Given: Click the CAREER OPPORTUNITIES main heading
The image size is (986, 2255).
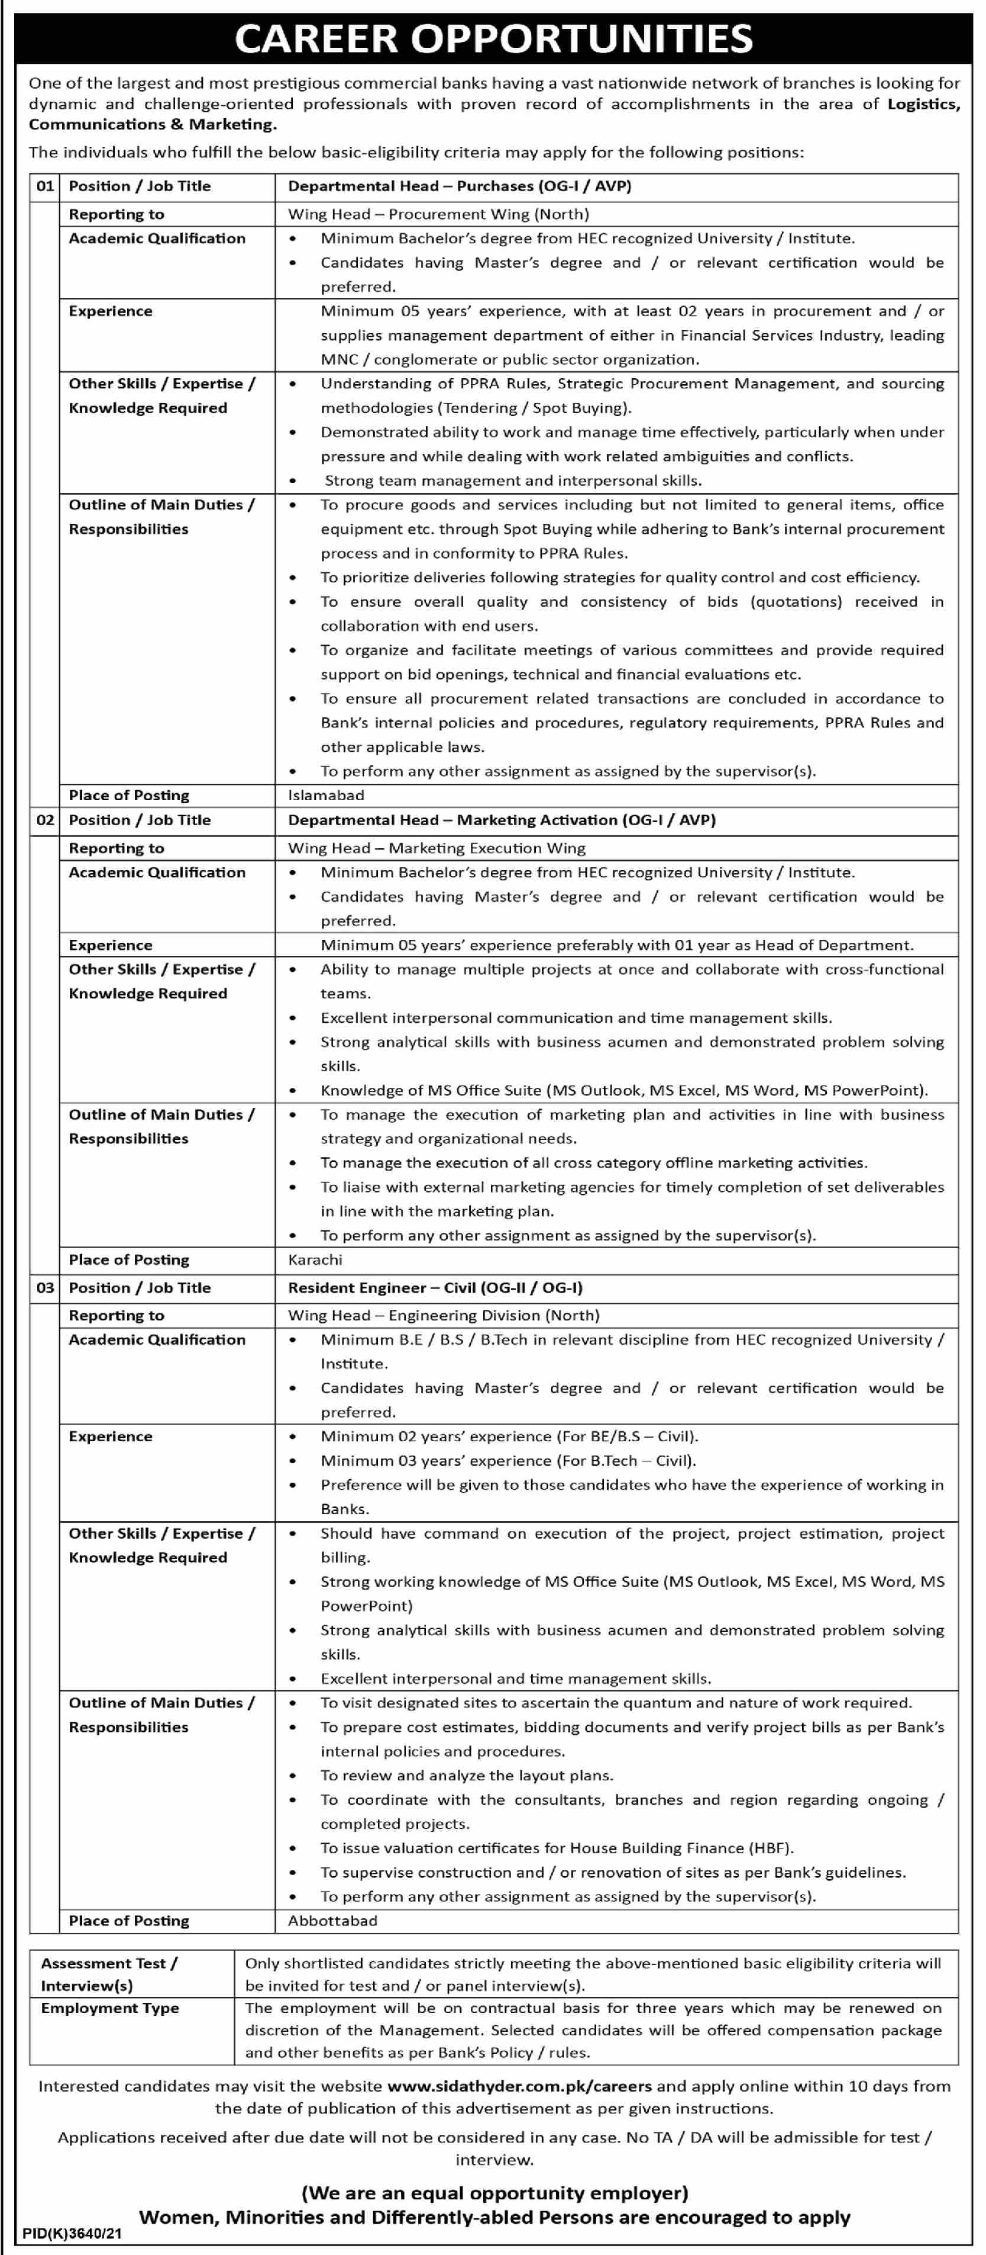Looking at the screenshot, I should pyautogui.click(x=493, y=38).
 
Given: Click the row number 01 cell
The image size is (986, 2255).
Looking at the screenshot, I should pyautogui.click(x=44, y=186).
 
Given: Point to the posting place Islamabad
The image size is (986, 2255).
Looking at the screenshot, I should pyautogui.click(x=325, y=795).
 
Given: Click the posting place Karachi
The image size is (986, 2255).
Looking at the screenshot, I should pyautogui.click(x=315, y=1259).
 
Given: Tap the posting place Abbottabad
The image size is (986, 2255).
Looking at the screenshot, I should pyautogui.click(x=332, y=1921).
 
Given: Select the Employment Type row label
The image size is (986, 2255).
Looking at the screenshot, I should pyautogui.click(x=109, y=2007).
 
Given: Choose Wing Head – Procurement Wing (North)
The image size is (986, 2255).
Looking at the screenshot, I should pyautogui.click(x=438, y=214).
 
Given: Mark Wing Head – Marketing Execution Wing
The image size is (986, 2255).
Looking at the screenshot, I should pyautogui.click(x=437, y=848).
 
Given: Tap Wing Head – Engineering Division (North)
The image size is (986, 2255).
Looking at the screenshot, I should pyautogui.click(x=444, y=1315).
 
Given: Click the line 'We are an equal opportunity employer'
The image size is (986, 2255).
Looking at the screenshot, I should pyautogui.click(x=494, y=2193).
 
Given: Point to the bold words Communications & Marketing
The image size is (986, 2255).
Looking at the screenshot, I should pyautogui.click(x=152, y=124).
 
